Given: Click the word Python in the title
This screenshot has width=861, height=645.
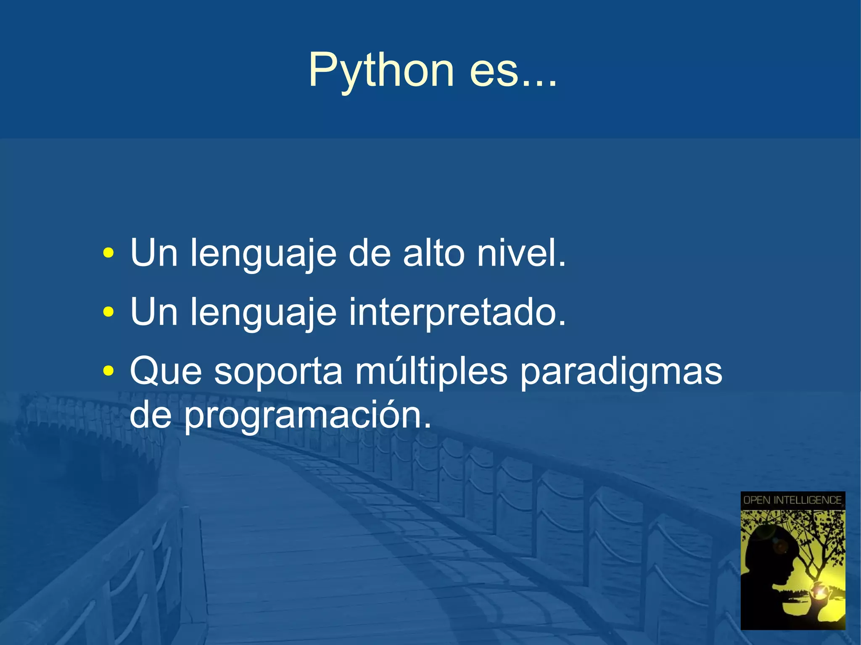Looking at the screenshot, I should coord(381,71).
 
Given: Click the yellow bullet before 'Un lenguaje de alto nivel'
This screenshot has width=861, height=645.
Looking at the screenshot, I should coord(108,253).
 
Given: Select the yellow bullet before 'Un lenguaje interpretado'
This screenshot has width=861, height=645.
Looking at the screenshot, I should coord(108,312).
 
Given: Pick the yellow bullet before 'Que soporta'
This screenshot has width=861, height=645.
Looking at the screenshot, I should coord(108,371).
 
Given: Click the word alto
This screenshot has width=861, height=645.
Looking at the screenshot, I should coord(433,253).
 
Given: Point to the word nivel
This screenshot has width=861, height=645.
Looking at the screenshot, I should coord(521,253).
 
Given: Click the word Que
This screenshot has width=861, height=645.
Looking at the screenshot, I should coord(166,371).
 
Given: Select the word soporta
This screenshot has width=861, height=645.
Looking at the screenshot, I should coord(278,372).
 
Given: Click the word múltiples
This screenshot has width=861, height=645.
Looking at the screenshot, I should coord(431,371).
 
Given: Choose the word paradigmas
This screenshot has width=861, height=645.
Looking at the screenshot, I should coord(621,372).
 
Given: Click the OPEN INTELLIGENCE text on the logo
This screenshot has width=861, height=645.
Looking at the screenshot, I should coord(792,500).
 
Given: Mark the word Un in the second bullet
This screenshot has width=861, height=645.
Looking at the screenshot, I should coord(153,312).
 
